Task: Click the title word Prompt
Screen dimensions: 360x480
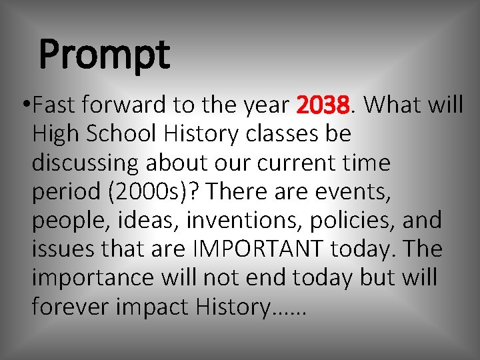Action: pos(105,56)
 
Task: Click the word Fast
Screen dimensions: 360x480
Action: pos(52,105)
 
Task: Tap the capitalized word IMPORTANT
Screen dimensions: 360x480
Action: pos(258,249)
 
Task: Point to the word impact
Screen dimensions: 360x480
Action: pos(155,306)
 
